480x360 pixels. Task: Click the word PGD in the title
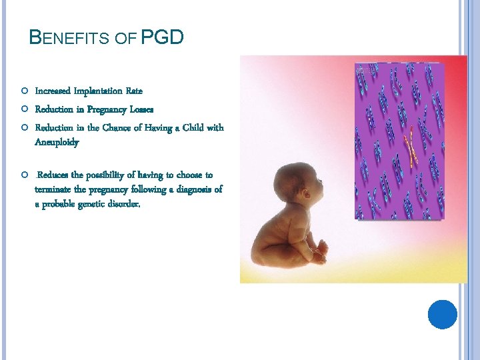[162, 37]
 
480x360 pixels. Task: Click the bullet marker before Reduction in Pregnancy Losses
[23, 109]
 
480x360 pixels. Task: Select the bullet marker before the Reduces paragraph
[23, 175]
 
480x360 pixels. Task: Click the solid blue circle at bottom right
[442, 314]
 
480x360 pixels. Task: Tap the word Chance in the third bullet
[114, 127]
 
